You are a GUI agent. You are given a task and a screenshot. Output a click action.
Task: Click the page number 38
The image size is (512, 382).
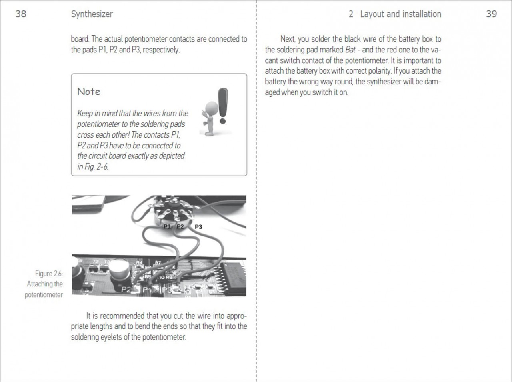21,14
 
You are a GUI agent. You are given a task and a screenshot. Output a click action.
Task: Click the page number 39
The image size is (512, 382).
491,14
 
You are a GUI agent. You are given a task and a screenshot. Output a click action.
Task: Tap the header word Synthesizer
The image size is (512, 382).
92,14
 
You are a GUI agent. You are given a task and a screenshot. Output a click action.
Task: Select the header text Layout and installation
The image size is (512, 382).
400,14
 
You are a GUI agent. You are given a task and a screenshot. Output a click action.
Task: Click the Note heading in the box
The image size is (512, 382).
89,92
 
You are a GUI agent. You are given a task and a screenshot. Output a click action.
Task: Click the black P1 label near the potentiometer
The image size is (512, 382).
167,226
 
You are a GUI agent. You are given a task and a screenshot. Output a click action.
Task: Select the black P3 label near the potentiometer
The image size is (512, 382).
198,227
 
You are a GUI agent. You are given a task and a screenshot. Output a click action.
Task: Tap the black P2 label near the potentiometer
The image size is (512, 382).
180,226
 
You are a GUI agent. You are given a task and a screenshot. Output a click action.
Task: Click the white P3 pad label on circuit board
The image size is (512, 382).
167,290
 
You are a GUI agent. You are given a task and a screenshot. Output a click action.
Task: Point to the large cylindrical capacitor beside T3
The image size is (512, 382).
119,272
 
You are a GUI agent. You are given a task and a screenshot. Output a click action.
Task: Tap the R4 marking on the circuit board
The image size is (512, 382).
139,263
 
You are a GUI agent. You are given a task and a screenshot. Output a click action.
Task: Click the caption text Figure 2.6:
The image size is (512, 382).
49,274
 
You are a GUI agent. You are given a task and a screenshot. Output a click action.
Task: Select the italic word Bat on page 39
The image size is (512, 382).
350,50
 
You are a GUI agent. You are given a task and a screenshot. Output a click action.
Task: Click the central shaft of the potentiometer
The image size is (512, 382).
173,204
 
